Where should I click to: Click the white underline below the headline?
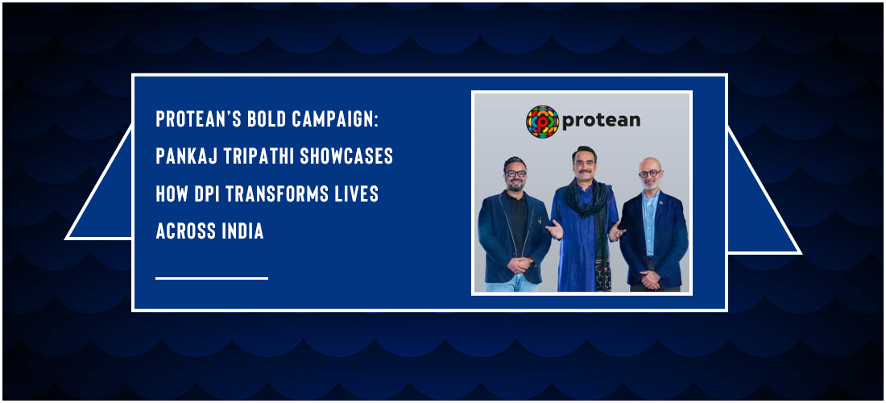pyautogui.click(x=212, y=278)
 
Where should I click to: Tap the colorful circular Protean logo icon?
pyautogui.click(x=542, y=121)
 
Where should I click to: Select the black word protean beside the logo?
pyautogui.click(x=601, y=120)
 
